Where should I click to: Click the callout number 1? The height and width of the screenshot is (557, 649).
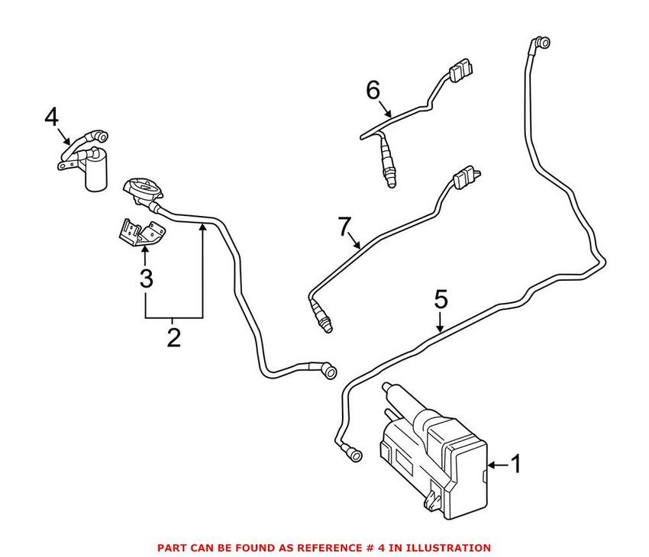click(x=515, y=463)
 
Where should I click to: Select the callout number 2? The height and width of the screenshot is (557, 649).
click(x=174, y=336)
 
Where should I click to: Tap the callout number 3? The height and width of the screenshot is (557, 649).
click(x=145, y=278)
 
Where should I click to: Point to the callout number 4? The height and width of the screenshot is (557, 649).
click(x=51, y=117)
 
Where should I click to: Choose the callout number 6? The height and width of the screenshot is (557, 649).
click(x=373, y=90)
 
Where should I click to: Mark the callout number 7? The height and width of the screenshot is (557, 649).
click(x=344, y=227)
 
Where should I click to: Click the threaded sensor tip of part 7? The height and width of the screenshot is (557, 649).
click(x=324, y=324)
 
